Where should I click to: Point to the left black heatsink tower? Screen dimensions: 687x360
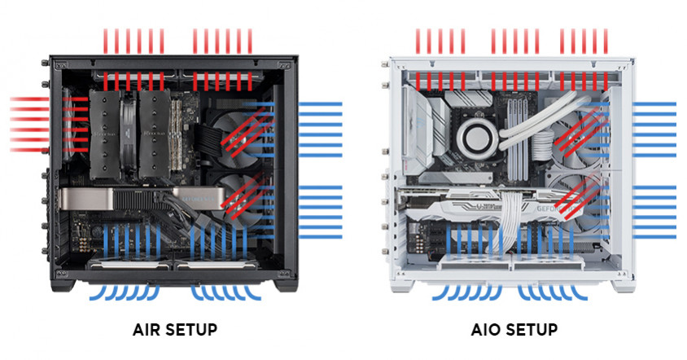tap(105, 134)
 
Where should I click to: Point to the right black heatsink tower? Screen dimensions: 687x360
tap(155, 134)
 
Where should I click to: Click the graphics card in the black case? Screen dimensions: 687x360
tap(142, 199)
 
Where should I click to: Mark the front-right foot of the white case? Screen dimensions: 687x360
tap(623, 285)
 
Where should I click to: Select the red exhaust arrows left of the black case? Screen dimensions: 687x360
tap(29, 125)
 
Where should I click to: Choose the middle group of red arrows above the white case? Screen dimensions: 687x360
tap(514, 42)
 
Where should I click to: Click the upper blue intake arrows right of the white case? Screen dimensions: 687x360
tap(654, 130)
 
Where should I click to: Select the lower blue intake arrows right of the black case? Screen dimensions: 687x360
tap(320, 213)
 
